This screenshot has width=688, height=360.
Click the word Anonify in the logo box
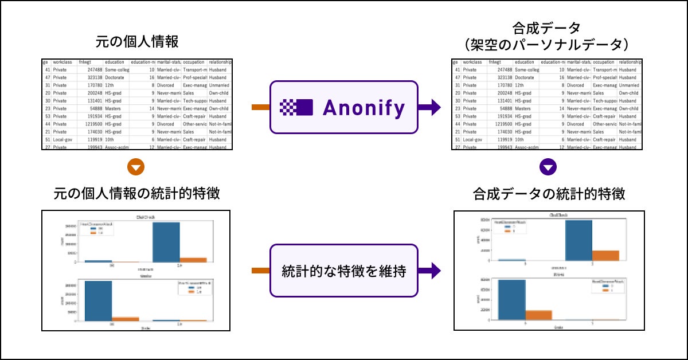click(364, 107)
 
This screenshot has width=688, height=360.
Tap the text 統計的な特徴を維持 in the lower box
click(344, 272)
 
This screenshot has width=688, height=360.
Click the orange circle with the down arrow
click(136, 167)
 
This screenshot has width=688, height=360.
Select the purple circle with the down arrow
click(549, 167)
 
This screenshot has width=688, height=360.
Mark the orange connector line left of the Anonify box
click(260, 107)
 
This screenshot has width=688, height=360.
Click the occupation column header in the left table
click(194, 62)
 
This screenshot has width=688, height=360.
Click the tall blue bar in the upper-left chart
click(166, 242)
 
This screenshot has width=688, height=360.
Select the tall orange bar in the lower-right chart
click(538, 315)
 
